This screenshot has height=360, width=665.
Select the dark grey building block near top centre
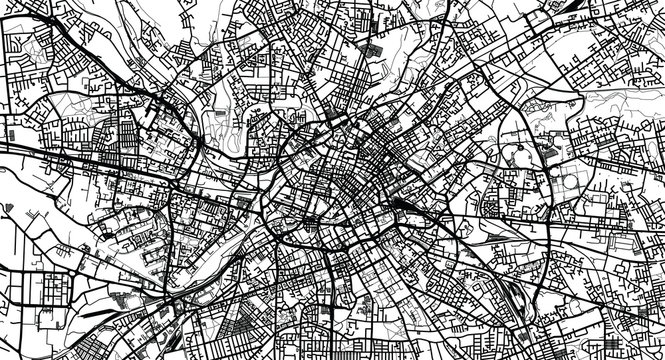pyautogui.click(x=374, y=47)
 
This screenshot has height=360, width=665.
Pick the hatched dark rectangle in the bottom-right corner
pyautogui.click(x=655, y=345)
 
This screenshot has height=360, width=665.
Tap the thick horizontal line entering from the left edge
pyautogui.click(x=30, y=149)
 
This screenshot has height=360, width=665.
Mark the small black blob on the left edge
pyautogui.click(x=4, y=120)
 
